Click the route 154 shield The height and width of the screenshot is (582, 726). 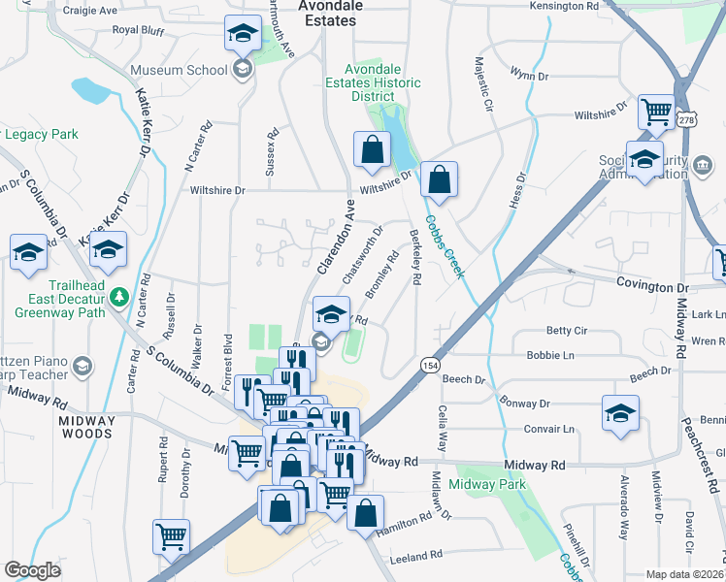[428, 363]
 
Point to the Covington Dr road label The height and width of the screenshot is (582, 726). [652, 288]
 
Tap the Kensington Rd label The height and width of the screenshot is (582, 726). [566, 6]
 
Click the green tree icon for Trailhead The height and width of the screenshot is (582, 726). [119, 296]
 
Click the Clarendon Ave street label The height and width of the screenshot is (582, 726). [333, 239]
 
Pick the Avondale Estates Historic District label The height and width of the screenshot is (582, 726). [385, 82]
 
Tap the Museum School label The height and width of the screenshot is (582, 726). [179, 70]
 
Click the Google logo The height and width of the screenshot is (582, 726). [32, 569]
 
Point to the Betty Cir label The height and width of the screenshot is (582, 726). [567, 331]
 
